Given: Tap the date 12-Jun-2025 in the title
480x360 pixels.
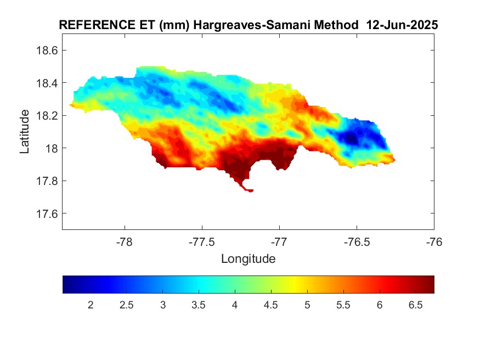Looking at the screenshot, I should coord(405,25).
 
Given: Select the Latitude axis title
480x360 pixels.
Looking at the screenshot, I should coord(25,131).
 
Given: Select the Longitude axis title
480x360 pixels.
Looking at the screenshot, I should coord(248,258).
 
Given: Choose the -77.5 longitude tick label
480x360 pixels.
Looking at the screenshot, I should coord(202,242).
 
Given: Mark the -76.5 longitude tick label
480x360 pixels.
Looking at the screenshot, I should coord(357,242).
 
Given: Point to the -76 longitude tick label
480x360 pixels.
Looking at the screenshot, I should coord(434,242).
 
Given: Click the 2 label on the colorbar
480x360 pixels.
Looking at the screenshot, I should coord(91,305).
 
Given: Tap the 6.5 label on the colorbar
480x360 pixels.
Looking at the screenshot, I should coord(415,305).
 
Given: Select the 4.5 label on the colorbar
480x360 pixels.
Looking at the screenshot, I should coord(271,305).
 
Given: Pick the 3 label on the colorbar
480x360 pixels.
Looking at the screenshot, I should coord(163,305).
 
